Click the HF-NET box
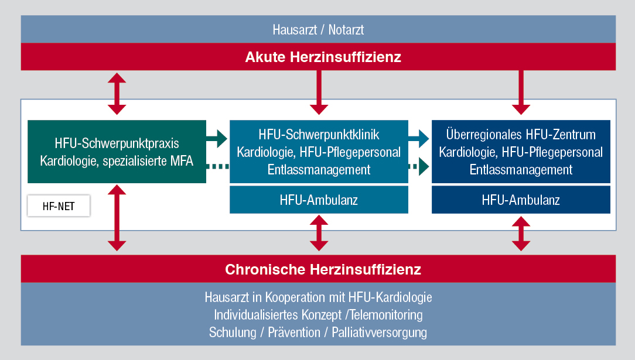click(59, 206)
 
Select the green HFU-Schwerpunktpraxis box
click(117, 152)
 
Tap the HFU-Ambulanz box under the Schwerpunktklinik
click(319, 200)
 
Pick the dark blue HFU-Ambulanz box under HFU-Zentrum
click(521, 200)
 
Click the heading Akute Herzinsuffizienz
click(323, 57)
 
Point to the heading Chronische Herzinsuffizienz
click(323, 269)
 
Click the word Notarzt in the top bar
click(346, 29)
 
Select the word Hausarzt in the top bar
click(295, 29)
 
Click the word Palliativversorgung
click(379, 332)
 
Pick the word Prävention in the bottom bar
click(294, 332)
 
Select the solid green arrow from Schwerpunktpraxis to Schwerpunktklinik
click(217, 138)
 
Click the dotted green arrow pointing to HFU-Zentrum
click(419, 166)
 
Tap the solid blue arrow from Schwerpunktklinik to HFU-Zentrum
click(419, 138)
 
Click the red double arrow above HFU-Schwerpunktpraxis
click(117, 94)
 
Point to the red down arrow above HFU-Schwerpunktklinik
click(319, 92)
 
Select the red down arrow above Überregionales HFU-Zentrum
click(521, 92)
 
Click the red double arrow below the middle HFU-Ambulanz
click(319, 233)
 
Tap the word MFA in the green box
click(182, 161)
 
